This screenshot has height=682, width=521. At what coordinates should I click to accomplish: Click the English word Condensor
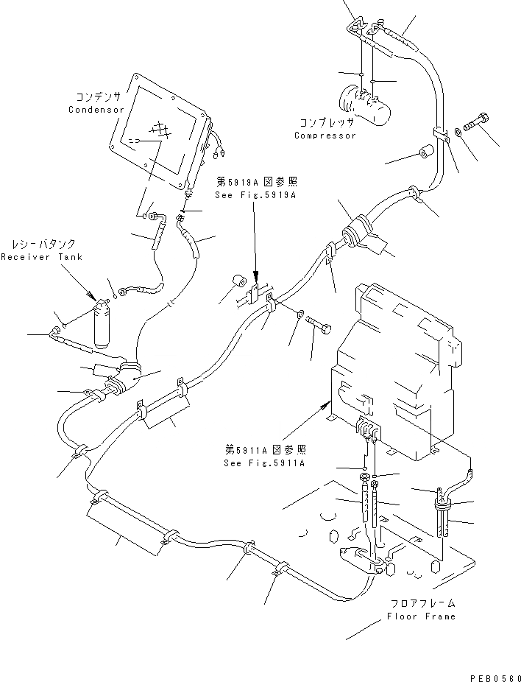95,110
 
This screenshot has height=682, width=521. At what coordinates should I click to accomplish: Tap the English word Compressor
325,136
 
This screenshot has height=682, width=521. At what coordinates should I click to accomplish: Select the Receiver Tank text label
41,257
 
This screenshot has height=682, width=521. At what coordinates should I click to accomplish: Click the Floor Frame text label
421,616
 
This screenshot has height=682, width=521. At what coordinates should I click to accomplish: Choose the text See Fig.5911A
264,463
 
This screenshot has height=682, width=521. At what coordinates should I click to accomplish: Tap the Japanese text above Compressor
326,122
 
